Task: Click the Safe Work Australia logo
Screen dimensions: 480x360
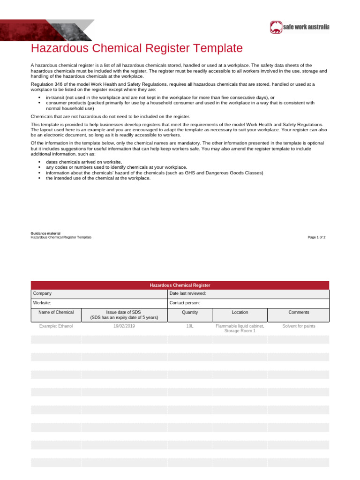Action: coord(300,27)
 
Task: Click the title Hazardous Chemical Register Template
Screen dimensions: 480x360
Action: coord(137,48)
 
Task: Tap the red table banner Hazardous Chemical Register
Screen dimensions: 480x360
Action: coord(180,285)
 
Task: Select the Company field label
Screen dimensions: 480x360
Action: coord(43,293)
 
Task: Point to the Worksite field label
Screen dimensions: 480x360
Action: coord(42,303)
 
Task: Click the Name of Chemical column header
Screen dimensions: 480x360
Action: coord(56,312)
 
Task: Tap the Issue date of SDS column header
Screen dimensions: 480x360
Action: coord(124,315)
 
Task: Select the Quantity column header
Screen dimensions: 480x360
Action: coord(190,312)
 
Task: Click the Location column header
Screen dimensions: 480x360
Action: coord(240,312)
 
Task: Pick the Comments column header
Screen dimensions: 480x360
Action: coord(299,312)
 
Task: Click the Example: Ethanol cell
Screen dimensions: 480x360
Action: coord(56,326)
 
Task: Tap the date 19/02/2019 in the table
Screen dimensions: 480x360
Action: coord(124,326)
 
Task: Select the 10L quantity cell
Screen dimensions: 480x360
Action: coord(190,326)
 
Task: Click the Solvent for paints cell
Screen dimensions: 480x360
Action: coord(299,326)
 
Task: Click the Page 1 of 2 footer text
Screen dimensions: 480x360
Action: coord(316,237)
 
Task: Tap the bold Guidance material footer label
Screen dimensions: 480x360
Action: coord(45,233)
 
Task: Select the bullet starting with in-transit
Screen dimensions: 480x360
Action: coord(159,97)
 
